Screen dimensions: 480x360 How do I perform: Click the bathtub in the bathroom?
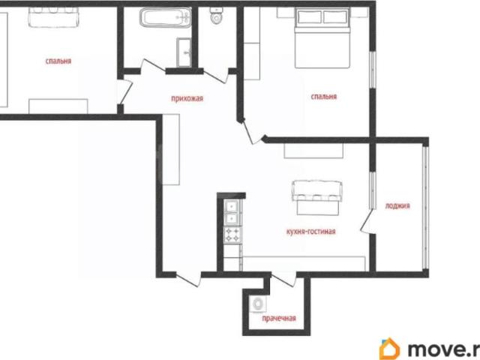point(166,17)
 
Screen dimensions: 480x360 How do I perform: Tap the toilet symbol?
point(217,15)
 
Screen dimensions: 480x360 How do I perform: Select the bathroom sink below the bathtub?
point(184,52)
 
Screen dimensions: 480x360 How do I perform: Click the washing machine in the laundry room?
point(257,304)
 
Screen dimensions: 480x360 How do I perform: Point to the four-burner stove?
point(233,235)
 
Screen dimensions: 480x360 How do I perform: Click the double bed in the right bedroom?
point(322,37)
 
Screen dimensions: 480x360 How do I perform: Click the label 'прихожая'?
point(187,98)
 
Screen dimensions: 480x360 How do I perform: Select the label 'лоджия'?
point(397,205)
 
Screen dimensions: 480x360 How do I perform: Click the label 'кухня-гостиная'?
point(310,232)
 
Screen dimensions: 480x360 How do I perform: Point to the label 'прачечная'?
point(279,319)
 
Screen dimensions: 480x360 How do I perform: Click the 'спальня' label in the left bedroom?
point(58,61)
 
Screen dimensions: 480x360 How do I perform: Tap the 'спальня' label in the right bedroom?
point(323,97)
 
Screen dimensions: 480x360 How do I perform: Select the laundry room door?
point(283,280)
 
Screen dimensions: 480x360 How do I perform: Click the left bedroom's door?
point(125,91)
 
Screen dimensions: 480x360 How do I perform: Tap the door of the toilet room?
point(216,76)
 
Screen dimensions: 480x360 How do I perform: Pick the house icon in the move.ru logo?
point(389,349)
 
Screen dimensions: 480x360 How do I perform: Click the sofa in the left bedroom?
point(53,17)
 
